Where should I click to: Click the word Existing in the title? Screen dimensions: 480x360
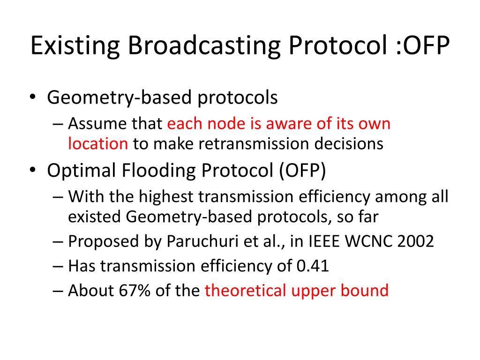75,45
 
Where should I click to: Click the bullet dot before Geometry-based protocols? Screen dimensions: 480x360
33,97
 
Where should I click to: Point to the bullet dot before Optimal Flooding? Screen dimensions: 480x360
33,170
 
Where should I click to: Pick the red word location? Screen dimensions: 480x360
98,143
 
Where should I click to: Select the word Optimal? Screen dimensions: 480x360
81,171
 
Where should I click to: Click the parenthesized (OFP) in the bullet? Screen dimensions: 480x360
302,170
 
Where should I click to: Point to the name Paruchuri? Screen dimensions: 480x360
202,241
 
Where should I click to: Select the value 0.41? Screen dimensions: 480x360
313,266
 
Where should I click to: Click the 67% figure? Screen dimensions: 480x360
135,291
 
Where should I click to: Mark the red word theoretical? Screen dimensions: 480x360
246,291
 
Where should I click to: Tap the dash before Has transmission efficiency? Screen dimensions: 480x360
58,266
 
